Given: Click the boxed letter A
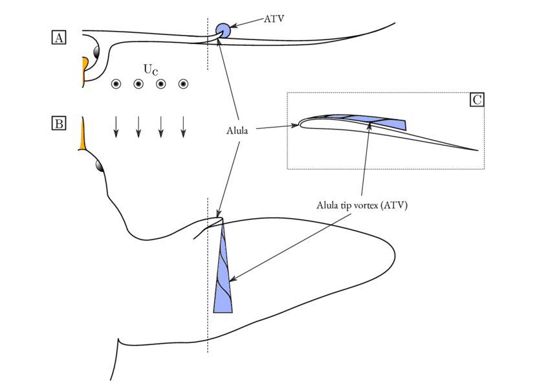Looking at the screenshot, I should pyautogui.click(x=59, y=38).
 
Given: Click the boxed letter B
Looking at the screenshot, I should pyautogui.click(x=59, y=123).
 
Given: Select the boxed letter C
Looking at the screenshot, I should pyautogui.click(x=477, y=100).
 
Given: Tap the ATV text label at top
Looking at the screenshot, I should pyautogui.click(x=274, y=19).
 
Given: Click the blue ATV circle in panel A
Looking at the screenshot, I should pyautogui.click(x=223, y=30).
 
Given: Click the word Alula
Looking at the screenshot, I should pyautogui.click(x=238, y=131).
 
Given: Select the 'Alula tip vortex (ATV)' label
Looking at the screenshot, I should pyautogui.click(x=362, y=206).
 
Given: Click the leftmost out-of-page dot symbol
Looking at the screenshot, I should pyautogui.click(x=116, y=83).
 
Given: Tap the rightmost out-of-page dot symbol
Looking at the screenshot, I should pyautogui.click(x=183, y=83).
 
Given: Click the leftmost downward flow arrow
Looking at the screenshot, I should pyautogui.click(x=116, y=126).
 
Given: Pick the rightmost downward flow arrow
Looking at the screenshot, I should pyautogui.click(x=183, y=126).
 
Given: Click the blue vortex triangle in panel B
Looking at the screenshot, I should pyautogui.click(x=223, y=278).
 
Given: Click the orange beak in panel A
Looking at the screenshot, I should pyautogui.click(x=84, y=70).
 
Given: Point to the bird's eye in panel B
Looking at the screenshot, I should pyautogui.click(x=100, y=166).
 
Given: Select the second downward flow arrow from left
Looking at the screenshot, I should pyautogui.click(x=138, y=126).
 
